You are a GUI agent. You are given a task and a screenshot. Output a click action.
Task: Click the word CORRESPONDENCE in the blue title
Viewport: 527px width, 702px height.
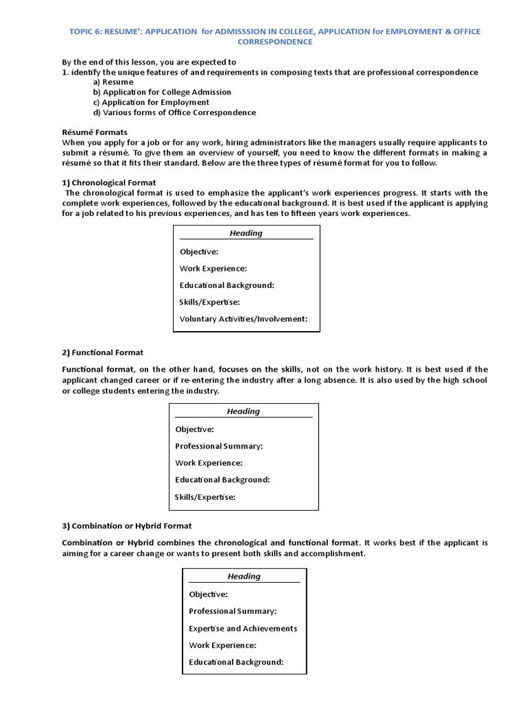(x=274, y=42)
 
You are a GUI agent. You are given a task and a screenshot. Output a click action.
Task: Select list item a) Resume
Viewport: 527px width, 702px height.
(x=113, y=82)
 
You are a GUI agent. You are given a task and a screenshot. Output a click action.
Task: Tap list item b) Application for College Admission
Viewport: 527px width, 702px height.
(x=162, y=92)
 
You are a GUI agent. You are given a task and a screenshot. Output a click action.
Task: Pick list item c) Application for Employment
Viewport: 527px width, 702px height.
(x=151, y=102)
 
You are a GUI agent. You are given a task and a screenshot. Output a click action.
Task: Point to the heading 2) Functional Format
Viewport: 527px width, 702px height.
(x=102, y=352)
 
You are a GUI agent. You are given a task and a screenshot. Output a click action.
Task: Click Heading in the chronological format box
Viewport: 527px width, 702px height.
(x=246, y=233)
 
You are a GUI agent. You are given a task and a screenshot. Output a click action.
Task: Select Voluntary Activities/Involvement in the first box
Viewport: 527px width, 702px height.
(x=244, y=319)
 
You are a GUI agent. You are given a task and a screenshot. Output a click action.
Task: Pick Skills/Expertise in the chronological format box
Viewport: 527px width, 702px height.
(x=209, y=302)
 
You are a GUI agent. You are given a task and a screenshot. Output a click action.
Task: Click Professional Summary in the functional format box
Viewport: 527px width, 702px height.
(x=219, y=446)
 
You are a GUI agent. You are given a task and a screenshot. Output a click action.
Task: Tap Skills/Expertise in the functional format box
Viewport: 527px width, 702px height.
(x=205, y=497)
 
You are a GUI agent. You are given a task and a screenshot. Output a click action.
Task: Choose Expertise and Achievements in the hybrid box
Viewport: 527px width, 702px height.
(x=243, y=628)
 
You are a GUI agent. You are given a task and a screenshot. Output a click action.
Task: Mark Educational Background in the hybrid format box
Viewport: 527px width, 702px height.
(x=236, y=662)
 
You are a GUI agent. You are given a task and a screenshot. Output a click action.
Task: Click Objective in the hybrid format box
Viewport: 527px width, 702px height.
(x=208, y=594)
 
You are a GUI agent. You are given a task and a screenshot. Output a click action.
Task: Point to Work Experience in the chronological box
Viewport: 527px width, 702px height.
(x=213, y=269)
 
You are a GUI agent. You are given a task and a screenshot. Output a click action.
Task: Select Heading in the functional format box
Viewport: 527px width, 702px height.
(x=244, y=411)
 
